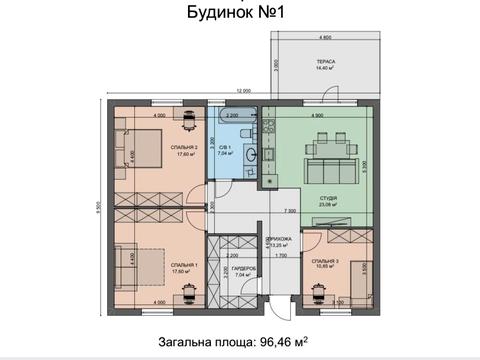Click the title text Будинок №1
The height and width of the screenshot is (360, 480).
[x=240, y=13]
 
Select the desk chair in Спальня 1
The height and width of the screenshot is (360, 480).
[x=188, y=296]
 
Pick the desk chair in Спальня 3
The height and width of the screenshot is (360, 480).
[x=319, y=297]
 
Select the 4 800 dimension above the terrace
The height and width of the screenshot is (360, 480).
[x=326, y=36]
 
